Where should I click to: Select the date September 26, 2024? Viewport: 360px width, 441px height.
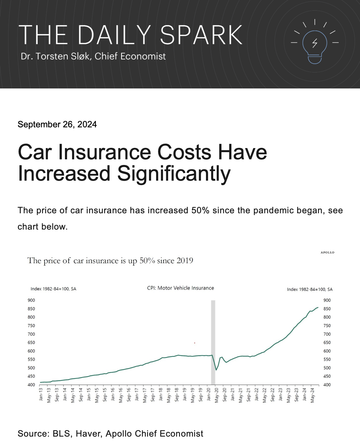click(x=57, y=125)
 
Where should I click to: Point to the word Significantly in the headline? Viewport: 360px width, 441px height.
click(x=174, y=174)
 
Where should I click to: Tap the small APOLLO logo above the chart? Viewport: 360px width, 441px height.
click(x=327, y=252)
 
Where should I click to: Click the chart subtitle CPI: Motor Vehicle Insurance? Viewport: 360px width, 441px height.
click(x=180, y=288)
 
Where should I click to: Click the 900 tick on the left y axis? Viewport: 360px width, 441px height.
click(x=31, y=300)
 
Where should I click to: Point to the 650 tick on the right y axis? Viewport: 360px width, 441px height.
click(x=327, y=343)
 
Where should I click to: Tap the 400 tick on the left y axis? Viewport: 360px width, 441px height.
click(x=31, y=385)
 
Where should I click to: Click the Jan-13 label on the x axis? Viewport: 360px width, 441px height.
click(x=41, y=394)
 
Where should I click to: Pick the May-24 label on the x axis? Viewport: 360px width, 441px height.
click(x=312, y=395)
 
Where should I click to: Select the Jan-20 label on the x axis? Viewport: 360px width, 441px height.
click(x=209, y=394)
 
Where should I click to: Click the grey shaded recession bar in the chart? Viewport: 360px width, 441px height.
click(x=213, y=342)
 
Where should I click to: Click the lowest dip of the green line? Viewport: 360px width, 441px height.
click(x=216, y=370)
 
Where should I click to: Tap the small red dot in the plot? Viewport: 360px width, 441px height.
click(x=195, y=343)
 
